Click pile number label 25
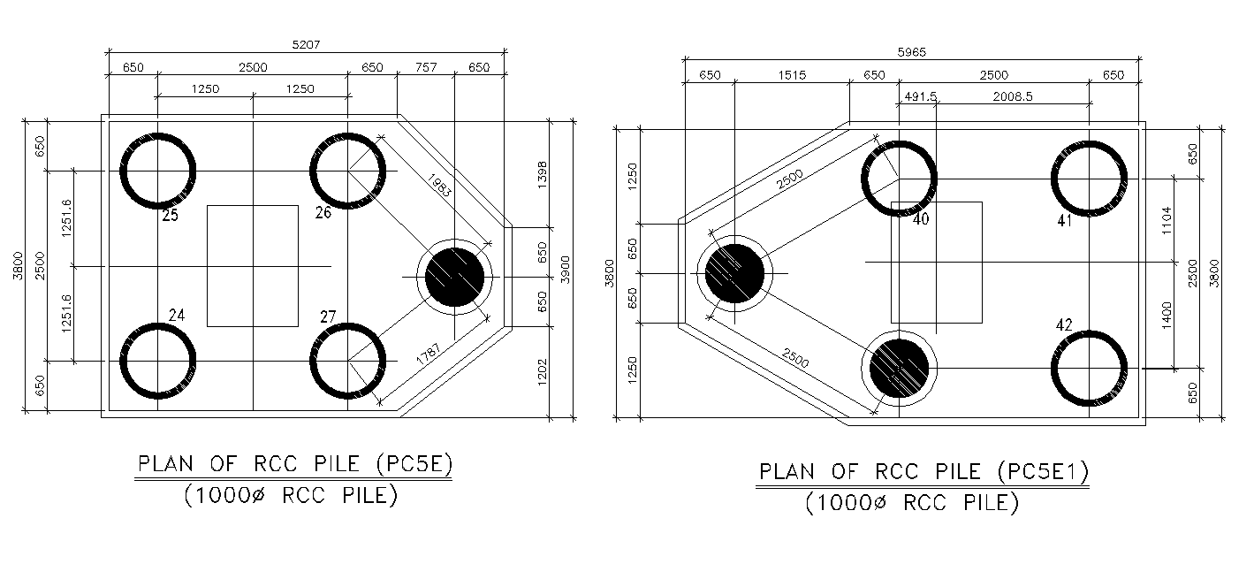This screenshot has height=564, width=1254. click(x=170, y=215)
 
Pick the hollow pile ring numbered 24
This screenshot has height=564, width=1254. click(x=157, y=361)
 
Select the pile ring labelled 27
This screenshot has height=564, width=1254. click(x=347, y=361)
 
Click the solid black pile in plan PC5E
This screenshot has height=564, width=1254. click(x=455, y=277)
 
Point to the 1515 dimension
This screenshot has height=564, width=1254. click(x=792, y=76)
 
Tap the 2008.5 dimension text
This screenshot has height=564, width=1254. click(x=1012, y=96)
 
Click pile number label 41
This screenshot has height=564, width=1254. click(x=1064, y=221)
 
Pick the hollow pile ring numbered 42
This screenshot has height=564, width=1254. click(x=1089, y=369)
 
